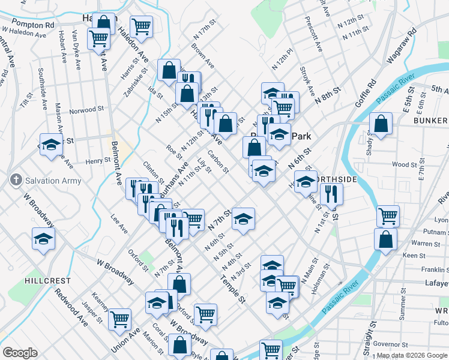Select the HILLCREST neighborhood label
click(47, 281)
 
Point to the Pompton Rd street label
click(35, 25)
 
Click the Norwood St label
click(86, 110)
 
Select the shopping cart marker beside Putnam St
click(388, 215)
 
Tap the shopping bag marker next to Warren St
click(385, 239)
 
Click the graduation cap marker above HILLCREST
click(43, 239)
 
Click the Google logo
click(20, 353)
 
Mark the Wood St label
click(404, 164)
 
